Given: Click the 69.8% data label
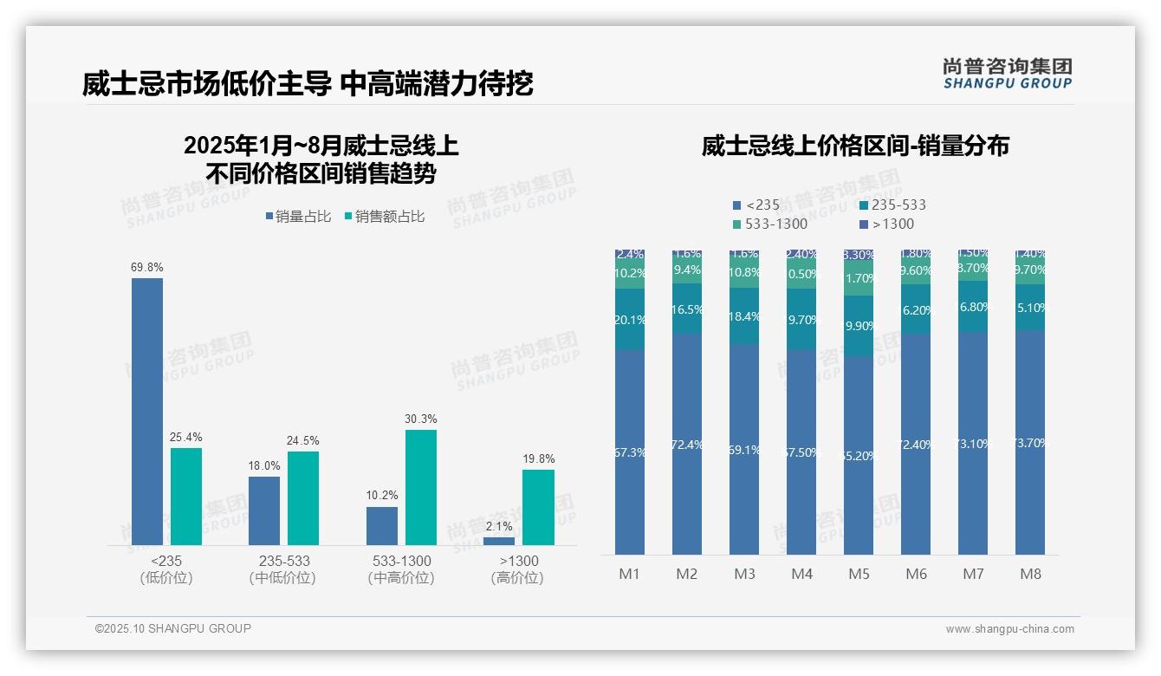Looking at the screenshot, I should coord(147,268).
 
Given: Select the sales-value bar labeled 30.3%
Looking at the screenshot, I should coord(420,487).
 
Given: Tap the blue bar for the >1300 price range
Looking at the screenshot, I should coord(498,541).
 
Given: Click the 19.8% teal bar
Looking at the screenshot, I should coord(538,507).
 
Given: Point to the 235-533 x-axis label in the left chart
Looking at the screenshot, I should coord(283,562).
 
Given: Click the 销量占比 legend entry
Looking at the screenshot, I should coord(297,217).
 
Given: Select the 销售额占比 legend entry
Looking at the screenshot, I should coord(384,217).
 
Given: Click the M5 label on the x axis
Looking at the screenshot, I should coord(859,575).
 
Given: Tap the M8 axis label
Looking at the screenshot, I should coord(1030,575).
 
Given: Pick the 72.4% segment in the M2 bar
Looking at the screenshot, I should coord(687,444).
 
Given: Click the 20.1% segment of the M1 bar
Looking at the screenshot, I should coord(630,320).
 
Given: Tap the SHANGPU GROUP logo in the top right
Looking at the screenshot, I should coord(1007,74).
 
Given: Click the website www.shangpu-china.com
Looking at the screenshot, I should coord(1009,629).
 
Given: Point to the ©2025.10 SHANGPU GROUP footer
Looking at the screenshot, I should coord(173,629).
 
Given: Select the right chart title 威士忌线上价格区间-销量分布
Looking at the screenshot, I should coord(854,146).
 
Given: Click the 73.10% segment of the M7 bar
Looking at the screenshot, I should coord(973,443).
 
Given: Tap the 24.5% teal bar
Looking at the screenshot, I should coord(303,498).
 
